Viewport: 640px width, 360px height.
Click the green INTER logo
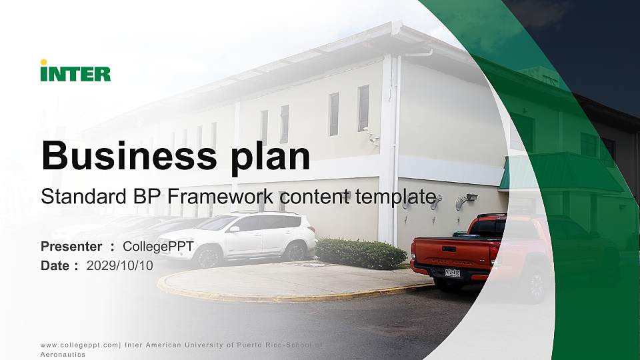point(75,73)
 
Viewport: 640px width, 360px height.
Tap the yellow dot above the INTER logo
point(43,62)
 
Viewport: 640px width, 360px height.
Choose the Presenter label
point(71,247)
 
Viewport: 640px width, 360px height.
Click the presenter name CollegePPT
point(158,247)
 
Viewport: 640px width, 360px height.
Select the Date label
point(56,265)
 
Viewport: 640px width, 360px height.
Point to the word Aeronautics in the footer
point(63,355)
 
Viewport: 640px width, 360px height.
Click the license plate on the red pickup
point(452,272)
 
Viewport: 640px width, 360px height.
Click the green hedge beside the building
point(361,253)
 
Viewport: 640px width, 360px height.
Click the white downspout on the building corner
point(398,147)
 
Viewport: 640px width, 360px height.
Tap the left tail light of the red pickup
point(414,253)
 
